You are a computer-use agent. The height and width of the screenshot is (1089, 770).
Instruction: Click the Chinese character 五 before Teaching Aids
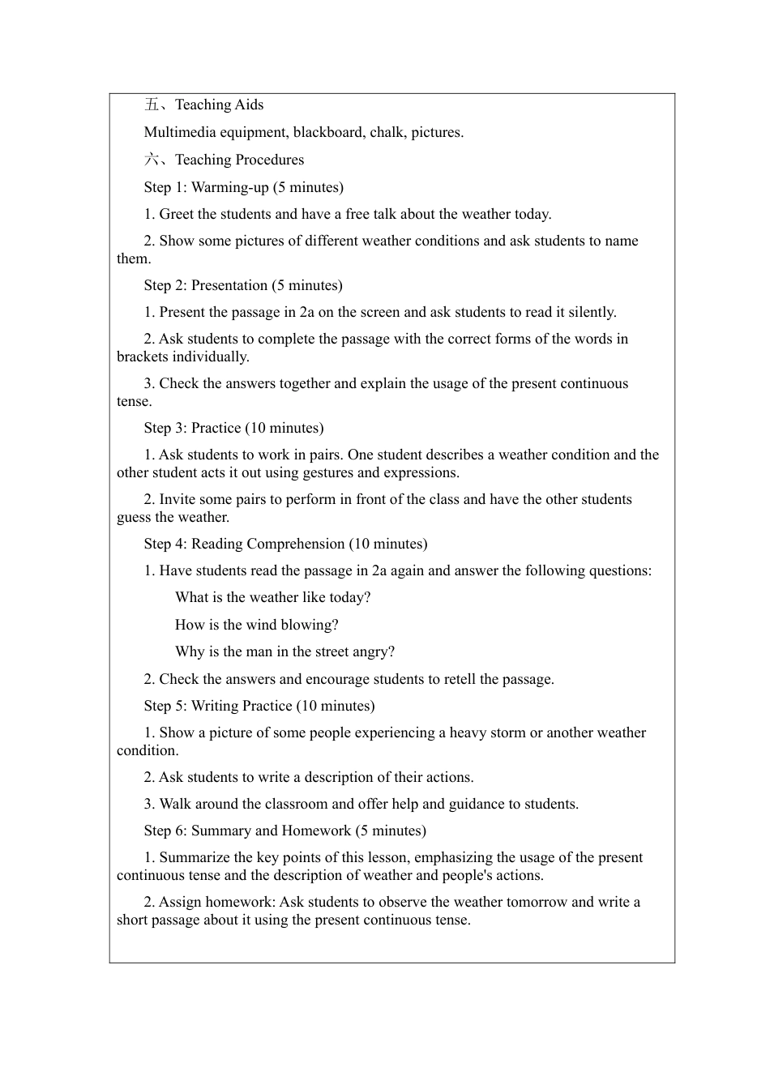(152, 105)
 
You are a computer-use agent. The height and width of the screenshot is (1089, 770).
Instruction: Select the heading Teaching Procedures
(239, 160)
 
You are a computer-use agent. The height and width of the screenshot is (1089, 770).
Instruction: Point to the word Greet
(177, 214)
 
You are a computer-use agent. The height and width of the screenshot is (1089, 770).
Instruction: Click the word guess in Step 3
(134, 517)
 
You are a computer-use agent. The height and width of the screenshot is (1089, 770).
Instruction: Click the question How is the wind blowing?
(256, 625)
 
